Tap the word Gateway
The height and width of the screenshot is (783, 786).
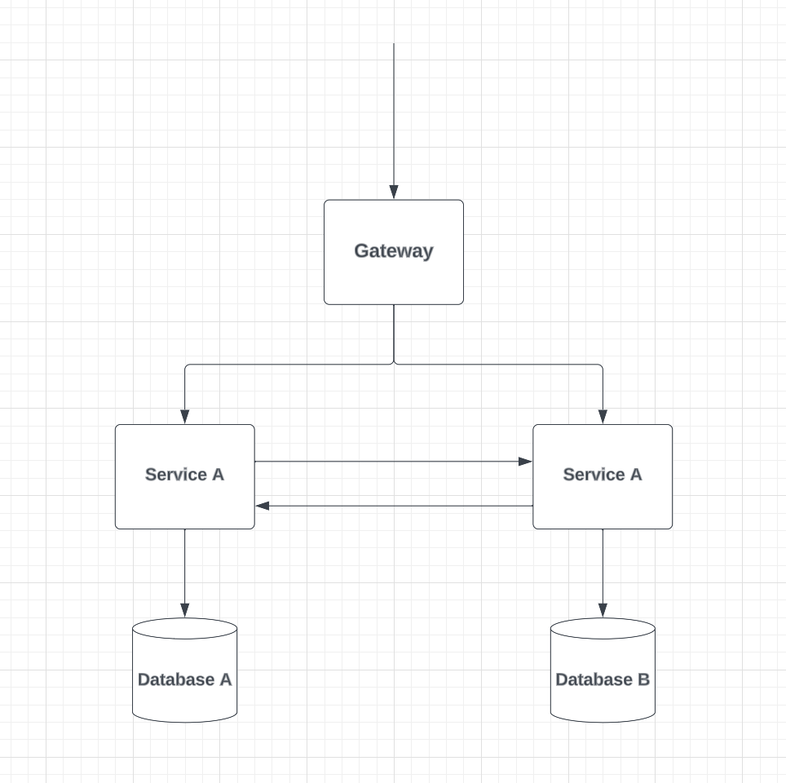(x=393, y=251)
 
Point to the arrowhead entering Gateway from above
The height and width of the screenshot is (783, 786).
(x=394, y=192)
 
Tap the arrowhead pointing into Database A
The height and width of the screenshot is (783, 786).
(x=184, y=610)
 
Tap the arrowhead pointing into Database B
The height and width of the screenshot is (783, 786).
(x=603, y=610)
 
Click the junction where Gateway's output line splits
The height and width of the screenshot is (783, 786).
(x=394, y=364)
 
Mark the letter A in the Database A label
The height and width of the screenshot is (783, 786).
(x=224, y=679)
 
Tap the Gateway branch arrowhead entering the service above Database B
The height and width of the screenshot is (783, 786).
(x=603, y=417)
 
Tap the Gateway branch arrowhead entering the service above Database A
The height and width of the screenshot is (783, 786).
(x=184, y=417)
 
